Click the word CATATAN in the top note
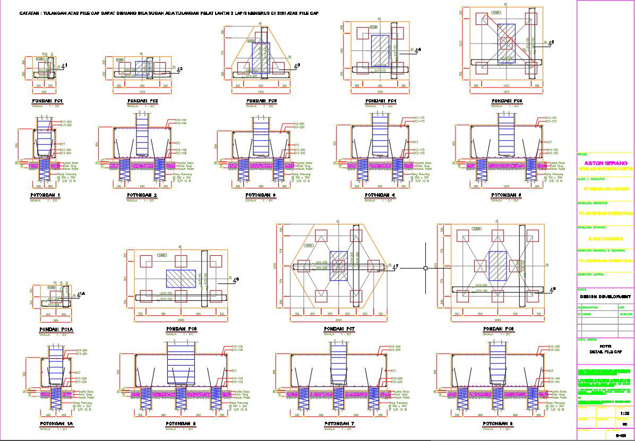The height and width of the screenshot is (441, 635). click(30, 13)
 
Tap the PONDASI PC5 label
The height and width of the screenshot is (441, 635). click(507, 101)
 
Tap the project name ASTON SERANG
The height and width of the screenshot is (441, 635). click(605, 163)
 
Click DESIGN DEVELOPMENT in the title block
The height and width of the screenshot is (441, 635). click(605, 296)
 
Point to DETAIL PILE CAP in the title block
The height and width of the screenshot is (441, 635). click(605, 352)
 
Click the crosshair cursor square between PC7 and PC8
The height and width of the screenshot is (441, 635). click(425, 269)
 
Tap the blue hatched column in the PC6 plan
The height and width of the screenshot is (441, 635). click(181, 278)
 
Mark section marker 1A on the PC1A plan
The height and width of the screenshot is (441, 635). click(82, 293)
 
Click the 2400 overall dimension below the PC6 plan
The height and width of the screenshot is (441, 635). click(181, 321)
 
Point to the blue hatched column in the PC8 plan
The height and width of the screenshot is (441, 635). click(497, 265)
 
